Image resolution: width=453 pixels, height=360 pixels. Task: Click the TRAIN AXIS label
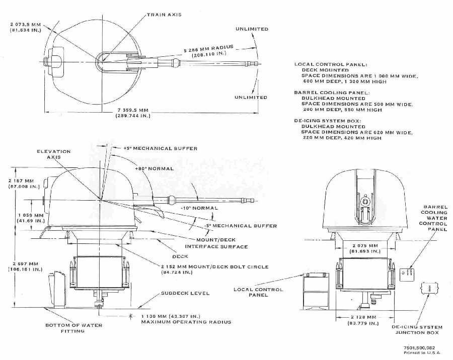click(164, 15)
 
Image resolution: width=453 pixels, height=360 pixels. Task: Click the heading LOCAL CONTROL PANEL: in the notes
click(331, 64)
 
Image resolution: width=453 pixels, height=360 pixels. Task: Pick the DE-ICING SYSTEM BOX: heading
click(328, 121)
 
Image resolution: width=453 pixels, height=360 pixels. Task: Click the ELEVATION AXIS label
click(53, 154)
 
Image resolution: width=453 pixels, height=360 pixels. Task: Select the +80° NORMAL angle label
click(154, 168)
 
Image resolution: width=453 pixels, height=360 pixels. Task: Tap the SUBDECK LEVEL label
click(185, 293)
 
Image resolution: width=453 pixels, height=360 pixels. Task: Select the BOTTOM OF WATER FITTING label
click(74, 328)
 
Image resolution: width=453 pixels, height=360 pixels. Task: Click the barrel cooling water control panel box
click(407, 275)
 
